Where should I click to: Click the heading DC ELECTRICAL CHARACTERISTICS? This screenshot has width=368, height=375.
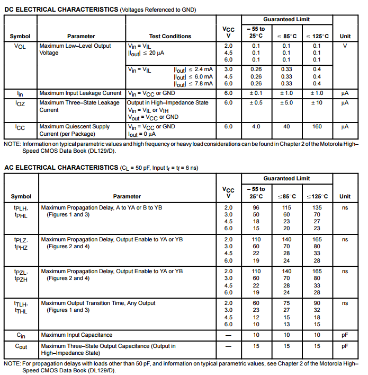(61, 10)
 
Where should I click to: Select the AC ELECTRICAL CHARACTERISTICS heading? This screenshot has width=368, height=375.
(61, 168)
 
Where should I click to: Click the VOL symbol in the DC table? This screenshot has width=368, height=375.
(20, 46)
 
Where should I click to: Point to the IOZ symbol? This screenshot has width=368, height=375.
(20, 103)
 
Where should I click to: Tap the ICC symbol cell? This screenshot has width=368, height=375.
(20, 127)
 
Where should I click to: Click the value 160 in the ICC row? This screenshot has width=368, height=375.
(317, 127)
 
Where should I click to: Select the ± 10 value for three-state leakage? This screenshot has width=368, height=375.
(317, 102)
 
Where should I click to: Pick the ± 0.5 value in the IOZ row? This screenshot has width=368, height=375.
(256, 102)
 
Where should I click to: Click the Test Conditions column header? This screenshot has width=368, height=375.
(170, 36)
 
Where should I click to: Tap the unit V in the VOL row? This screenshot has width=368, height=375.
(345, 46)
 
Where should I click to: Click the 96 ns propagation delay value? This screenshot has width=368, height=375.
(256, 207)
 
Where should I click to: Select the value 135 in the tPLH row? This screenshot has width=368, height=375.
(317, 207)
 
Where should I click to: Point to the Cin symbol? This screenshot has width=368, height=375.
(21, 335)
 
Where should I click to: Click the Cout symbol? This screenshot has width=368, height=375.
(21, 346)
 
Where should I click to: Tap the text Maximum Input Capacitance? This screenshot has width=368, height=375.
(77, 335)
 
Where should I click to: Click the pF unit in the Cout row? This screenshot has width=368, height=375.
(345, 346)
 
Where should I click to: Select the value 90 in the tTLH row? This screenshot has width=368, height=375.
(317, 303)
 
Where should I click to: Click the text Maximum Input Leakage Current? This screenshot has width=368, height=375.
(80, 93)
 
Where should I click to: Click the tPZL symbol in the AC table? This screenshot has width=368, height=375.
(21, 272)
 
